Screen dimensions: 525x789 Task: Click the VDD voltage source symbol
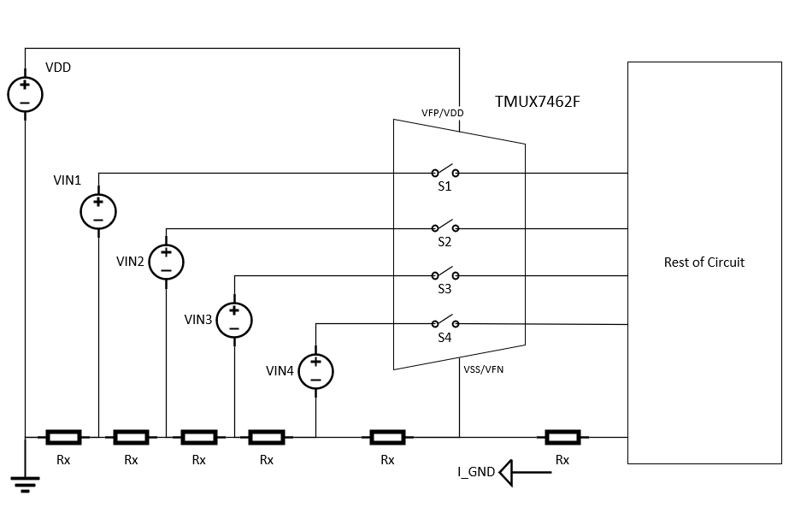tap(25, 93)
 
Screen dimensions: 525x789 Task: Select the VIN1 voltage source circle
tap(98, 211)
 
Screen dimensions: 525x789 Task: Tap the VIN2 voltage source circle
tap(166, 262)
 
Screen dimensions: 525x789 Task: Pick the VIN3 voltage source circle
tap(233, 319)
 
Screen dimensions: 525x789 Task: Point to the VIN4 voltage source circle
tap(315, 371)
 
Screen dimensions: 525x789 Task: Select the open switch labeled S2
tap(445, 227)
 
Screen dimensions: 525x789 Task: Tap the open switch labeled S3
tap(445, 275)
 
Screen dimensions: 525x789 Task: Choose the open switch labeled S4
tap(445, 323)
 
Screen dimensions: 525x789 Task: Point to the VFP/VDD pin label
tap(442, 113)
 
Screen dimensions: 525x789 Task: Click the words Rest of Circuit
tap(704, 262)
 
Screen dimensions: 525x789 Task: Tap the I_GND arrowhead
tap(506, 472)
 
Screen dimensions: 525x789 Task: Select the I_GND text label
tap(476, 472)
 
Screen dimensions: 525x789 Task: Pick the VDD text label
tap(57, 67)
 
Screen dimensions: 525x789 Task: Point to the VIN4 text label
tap(280, 371)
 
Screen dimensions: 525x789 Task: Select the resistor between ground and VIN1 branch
tap(62, 438)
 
